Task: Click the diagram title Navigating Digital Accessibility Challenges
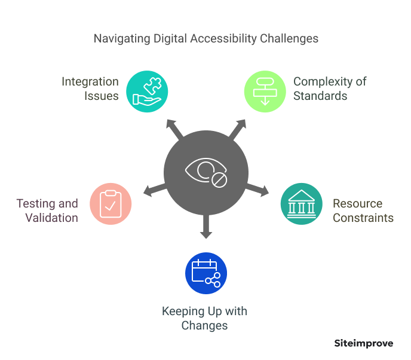pyautogui.click(x=206, y=39)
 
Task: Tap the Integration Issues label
pyautogui.click(x=90, y=89)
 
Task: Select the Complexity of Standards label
pyautogui.click(x=330, y=89)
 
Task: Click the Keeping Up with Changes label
pyautogui.click(x=205, y=319)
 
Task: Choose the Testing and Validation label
pyautogui.click(x=47, y=210)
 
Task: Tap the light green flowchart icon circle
pyautogui.click(x=265, y=91)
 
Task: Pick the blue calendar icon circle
pyautogui.click(x=206, y=273)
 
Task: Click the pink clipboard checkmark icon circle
pyautogui.click(x=111, y=203)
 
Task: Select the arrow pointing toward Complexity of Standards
pyautogui.click(x=238, y=127)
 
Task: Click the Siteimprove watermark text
pyautogui.click(x=363, y=343)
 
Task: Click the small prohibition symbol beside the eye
pyautogui.click(x=219, y=179)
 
